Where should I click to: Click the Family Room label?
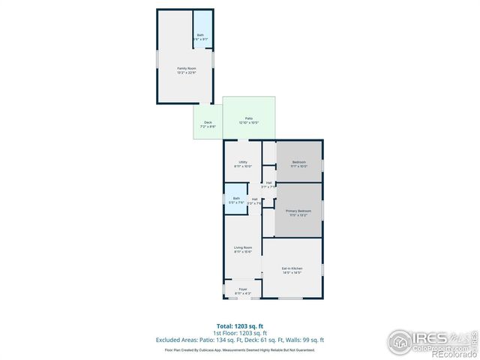[x=185, y=68]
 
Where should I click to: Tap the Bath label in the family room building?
[x=200, y=35]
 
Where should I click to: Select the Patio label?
[x=248, y=118]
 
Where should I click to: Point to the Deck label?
[x=208, y=122]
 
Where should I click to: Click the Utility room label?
[x=243, y=162]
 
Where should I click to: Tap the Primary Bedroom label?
[x=298, y=211]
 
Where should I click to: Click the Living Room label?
[x=242, y=247]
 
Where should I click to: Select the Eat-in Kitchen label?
[x=292, y=268]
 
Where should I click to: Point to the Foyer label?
[x=243, y=289]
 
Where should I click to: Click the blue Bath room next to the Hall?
[x=235, y=200]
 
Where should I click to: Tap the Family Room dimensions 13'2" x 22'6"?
[x=185, y=73]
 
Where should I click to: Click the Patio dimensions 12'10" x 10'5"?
[x=248, y=122]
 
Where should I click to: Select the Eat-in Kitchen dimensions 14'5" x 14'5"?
[x=292, y=273]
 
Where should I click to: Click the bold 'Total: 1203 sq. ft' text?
[x=239, y=325]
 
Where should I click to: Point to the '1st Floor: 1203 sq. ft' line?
[x=239, y=333]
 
